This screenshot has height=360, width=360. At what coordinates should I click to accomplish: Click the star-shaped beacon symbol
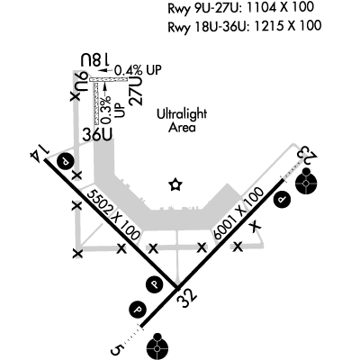pyautogui.click(x=175, y=184)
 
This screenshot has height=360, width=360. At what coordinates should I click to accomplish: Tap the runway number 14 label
pyautogui.click(x=40, y=151)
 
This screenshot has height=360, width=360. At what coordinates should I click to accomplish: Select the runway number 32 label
pyautogui.click(x=186, y=298)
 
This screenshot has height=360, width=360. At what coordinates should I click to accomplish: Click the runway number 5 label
pyautogui.click(x=118, y=350)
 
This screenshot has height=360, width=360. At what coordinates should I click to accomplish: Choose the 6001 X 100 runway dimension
pyautogui.click(x=239, y=213)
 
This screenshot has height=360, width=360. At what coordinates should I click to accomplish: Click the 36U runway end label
pyautogui.click(x=98, y=135)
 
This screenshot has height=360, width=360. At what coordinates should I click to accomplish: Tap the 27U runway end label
pyautogui.click(x=136, y=91)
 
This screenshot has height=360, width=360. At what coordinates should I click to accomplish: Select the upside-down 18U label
pyautogui.click(x=95, y=60)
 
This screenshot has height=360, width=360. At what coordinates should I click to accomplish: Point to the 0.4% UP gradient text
pyautogui.click(x=138, y=70)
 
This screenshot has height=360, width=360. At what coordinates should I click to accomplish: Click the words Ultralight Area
pyautogui.click(x=182, y=121)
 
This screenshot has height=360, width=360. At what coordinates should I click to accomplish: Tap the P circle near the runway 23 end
pyautogui.click(x=283, y=200)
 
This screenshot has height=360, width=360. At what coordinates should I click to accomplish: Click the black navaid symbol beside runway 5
pyautogui.click(x=157, y=347)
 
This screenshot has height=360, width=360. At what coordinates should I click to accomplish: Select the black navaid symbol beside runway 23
pyautogui.click(x=306, y=181)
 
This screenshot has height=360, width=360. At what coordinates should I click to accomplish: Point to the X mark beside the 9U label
pyautogui.click(x=75, y=96)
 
